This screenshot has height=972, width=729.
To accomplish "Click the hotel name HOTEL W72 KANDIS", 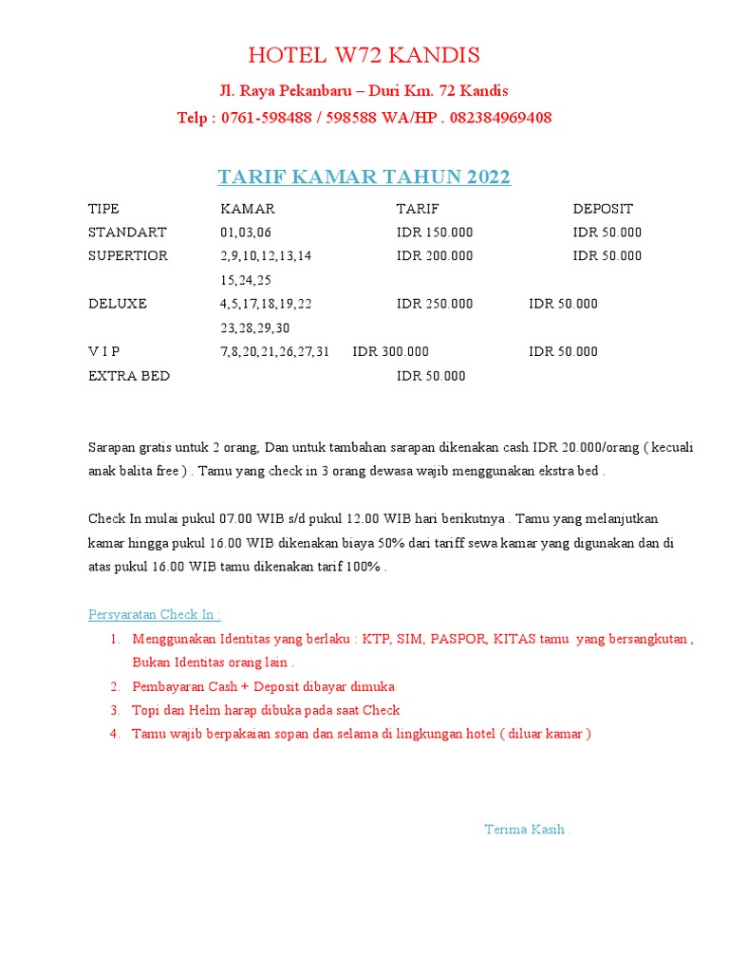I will pos(364,54).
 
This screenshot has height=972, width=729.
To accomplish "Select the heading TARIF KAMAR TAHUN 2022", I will pos(364,177).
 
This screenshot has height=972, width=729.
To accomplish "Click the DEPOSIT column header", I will pos(603,209).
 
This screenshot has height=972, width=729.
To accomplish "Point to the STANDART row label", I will pos(127,233).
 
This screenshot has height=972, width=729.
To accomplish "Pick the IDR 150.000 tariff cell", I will pos(435,233).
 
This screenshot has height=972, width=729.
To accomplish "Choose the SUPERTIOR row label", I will pos(128,256).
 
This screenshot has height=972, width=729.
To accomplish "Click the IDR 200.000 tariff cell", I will pos(435,256).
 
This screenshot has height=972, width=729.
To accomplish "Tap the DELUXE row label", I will pos(118,304).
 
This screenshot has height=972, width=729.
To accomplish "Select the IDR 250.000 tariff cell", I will pos(435,304).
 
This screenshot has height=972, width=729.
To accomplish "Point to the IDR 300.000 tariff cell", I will pos(391,351).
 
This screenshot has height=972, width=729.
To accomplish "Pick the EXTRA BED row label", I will pos(129,376).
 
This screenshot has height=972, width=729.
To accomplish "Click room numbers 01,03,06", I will pos(246,233).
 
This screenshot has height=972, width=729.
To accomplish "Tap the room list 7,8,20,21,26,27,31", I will pos(275,351).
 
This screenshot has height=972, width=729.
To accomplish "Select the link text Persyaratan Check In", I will pos(154,614).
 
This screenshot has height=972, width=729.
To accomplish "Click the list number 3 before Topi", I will pos(114,710).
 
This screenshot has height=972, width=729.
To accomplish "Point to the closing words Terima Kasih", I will pos(528,829).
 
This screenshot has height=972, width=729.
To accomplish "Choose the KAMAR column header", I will pos(248,209).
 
